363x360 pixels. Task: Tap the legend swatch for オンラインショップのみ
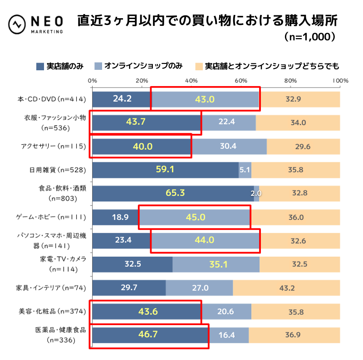point(98,67)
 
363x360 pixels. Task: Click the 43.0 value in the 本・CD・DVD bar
point(205,99)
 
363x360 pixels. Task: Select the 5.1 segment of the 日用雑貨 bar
point(245,170)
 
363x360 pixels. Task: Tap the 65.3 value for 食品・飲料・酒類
point(175,193)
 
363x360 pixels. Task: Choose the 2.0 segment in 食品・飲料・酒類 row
point(257,193)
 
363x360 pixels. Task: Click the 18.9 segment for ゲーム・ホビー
point(115,217)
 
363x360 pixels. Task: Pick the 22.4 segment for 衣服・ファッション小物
point(229,122)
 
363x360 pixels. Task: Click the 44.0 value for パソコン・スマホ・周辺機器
point(205,240)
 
